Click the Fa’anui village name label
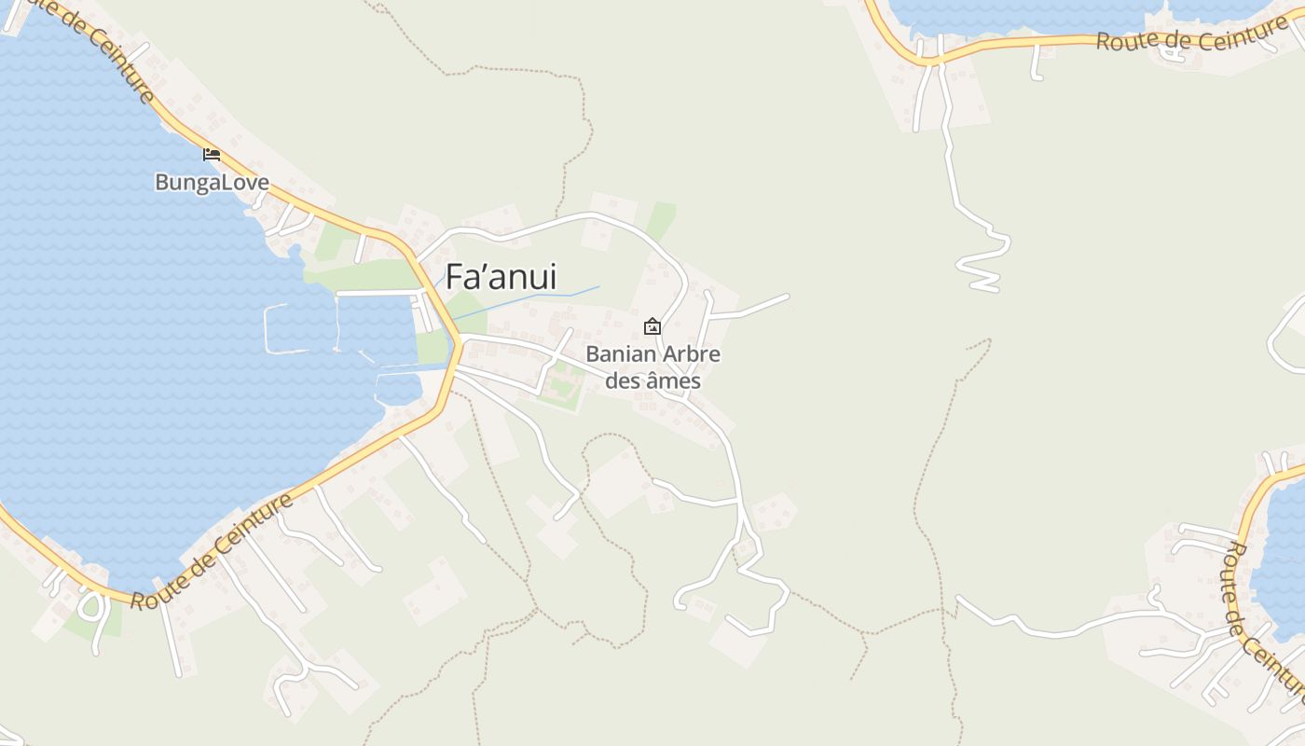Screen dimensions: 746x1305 tap(501, 277)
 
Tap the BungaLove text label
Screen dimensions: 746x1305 tap(212, 182)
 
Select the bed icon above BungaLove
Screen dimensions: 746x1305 tap(212, 154)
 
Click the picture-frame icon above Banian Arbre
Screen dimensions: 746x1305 tap(652, 326)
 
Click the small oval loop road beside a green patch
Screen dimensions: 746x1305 tap(91, 607)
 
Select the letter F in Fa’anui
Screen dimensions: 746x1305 tap(455, 277)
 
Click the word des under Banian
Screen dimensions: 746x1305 tap(623, 380)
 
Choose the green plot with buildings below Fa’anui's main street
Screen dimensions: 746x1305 tap(563, 387)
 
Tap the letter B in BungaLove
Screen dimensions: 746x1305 tap(162, 182)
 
